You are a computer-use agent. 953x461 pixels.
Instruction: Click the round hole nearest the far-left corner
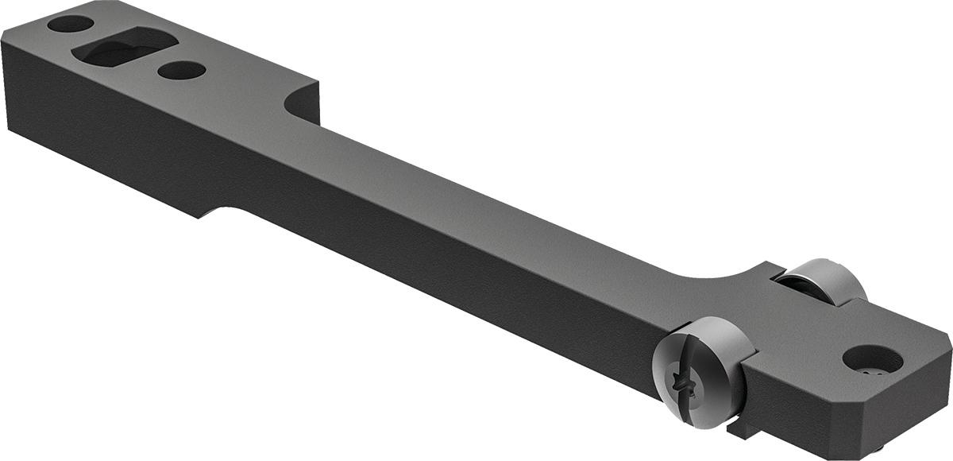70,24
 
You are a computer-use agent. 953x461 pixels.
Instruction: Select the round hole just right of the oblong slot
181,71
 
